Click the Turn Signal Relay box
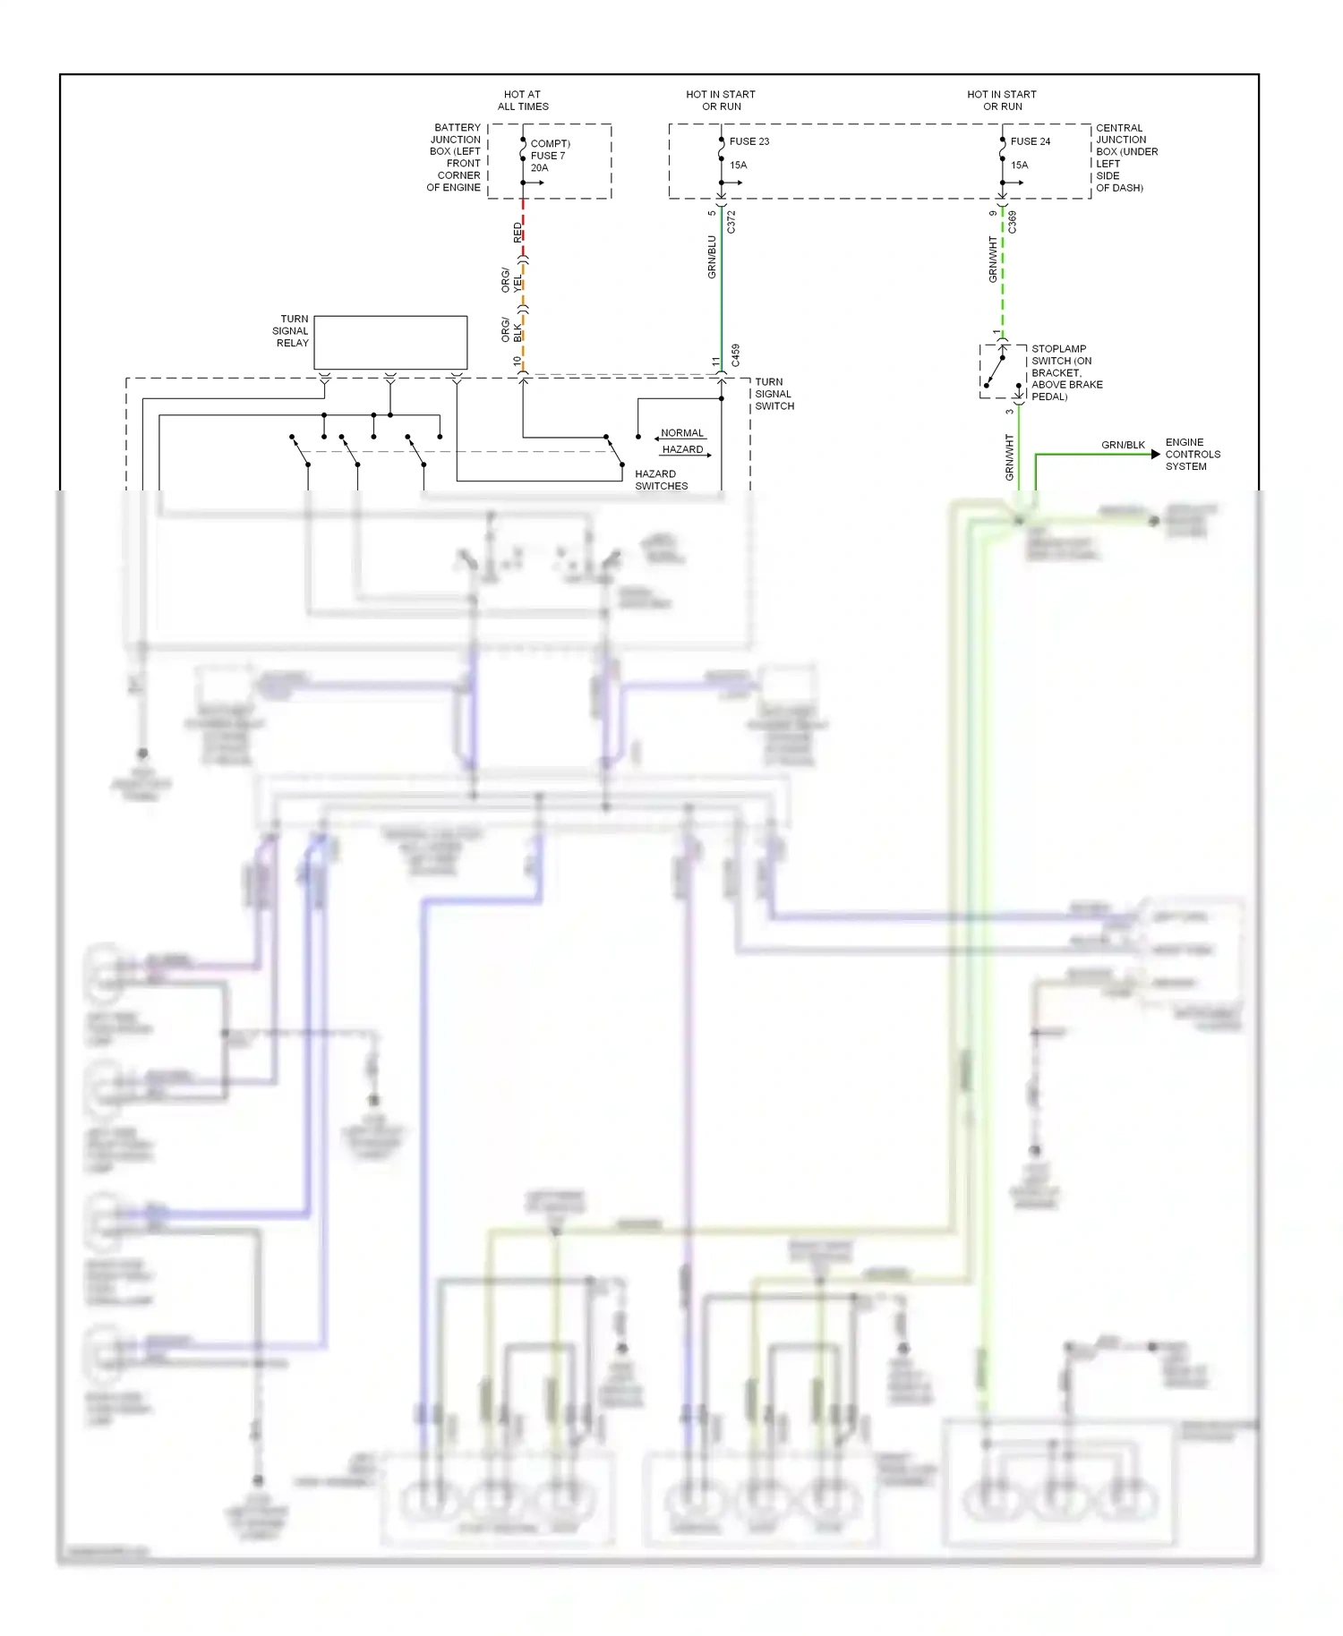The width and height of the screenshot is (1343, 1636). click(x=390, y=342)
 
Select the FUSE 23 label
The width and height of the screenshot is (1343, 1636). click(x=748, y=141)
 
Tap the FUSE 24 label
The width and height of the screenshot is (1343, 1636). click(x=1030, y=141)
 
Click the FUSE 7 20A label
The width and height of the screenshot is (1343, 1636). click(x=548, y=156)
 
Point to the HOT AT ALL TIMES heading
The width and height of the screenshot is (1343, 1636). click(x=523, y=100)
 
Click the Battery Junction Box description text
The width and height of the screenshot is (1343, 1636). click(x=455, y=158)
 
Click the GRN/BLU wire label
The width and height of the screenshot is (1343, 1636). click(x=713, y=257)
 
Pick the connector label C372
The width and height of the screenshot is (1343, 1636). click(x=731, y=222)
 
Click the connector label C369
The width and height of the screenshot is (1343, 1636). click(x=1013, y=222)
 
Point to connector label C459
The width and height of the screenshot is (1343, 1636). click(x=736, y=355)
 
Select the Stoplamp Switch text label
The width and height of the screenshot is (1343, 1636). click(x=1065, y=372)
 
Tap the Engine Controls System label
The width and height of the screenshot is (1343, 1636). click(x=1193, y=454)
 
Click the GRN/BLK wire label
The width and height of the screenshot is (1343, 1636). click(x=1123, y=445)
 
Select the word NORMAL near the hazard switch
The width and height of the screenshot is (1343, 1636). click(x=682, y=433)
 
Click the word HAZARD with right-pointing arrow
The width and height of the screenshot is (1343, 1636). click(x=682, y=449)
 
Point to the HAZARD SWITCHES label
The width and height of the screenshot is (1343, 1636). click(x=661, y=480)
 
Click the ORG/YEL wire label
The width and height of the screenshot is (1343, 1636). click(x=512, y=280)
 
